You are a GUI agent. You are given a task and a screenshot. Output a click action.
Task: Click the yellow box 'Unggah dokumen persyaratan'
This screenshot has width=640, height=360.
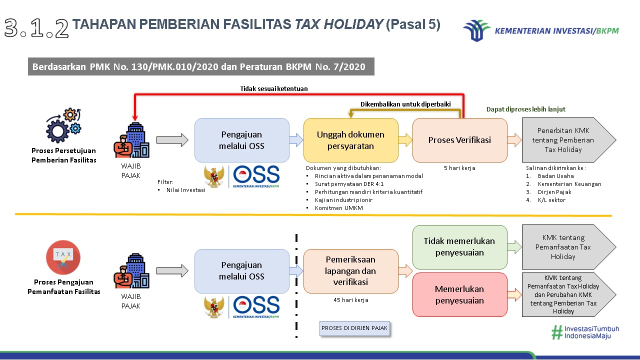(x=351, y=140)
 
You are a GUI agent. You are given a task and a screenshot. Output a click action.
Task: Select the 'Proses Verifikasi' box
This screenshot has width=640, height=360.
(x=459, y=140)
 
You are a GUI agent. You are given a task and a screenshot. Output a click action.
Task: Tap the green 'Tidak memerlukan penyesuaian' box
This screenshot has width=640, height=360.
(x=459, y=247)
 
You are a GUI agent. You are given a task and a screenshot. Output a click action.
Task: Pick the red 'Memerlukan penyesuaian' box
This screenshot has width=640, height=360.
(x=459, y=294)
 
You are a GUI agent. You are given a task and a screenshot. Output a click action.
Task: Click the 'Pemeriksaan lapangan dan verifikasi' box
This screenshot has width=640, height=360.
(x=351, y=271)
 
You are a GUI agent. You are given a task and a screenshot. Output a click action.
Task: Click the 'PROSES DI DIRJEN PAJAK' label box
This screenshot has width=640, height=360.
(x=354, y=328)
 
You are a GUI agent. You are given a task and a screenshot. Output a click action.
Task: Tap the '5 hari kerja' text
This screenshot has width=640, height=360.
(x=459, y=168)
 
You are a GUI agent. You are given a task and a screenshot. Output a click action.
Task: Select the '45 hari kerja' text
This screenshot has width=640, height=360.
(x=351, y=300)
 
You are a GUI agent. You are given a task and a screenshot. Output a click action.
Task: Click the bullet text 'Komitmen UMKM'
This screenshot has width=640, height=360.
(x=339, y=208)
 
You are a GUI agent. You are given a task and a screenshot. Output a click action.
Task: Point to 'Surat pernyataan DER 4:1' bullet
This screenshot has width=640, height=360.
(x=349, y=184)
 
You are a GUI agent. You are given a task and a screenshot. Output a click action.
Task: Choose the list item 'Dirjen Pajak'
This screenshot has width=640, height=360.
(x=554, y=192)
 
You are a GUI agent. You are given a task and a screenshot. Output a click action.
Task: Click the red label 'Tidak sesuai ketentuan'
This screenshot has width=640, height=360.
(x=273, y=89)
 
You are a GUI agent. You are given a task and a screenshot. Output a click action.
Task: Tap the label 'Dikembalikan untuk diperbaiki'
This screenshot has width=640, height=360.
(x=405, y=104)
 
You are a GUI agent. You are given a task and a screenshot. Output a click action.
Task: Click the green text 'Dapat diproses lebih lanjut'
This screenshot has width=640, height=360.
(x=525, y=109)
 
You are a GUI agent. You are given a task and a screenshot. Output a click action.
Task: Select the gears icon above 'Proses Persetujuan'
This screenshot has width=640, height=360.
(x=63, y=125)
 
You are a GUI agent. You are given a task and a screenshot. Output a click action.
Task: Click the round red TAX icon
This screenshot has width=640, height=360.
(x=63, y=257)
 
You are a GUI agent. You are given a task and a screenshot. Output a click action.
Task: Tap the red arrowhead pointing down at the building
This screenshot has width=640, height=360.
(x=135, y=118)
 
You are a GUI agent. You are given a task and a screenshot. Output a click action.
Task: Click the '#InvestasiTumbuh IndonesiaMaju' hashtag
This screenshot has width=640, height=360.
(x=585, y=332)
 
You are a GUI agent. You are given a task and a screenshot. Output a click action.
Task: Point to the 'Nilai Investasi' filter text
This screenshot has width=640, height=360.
(x=185, y=190)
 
